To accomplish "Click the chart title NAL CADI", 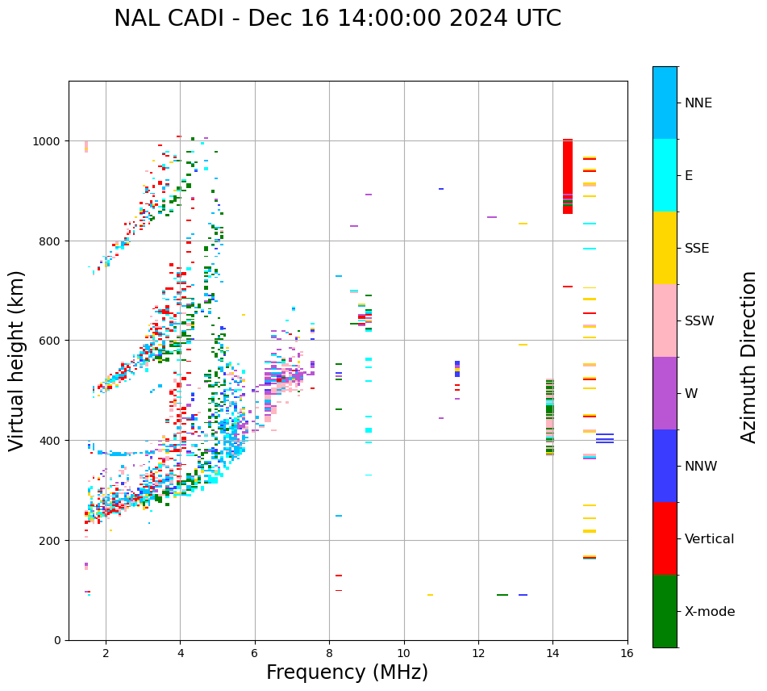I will [337, 19].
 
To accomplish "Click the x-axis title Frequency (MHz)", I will [347, 672].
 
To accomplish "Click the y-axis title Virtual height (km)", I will [17, 360].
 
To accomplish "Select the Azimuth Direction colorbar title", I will [749, 357].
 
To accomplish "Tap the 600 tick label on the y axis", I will [52, 341].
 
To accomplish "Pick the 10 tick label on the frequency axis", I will [403, 655].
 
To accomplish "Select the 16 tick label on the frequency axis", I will [627, 655].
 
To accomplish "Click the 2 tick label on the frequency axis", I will [106, 655].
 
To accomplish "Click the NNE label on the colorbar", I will [698, 103].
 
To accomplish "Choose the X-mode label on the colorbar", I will [710, 612].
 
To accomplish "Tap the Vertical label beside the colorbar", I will [710, 539].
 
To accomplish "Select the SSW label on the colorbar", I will [699, 321].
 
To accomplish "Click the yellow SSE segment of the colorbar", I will [665, 248].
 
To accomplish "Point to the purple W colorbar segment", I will [665, 393].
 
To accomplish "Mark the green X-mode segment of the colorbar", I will [665, 611].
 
